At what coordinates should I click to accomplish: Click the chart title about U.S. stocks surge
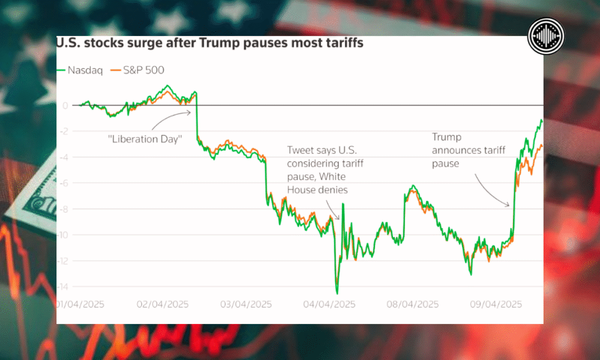coord(209,44)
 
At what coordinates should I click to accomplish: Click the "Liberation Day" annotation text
coord(145,139)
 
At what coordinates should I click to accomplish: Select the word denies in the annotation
coord(335,190)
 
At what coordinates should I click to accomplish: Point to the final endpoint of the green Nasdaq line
coord(542,121)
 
